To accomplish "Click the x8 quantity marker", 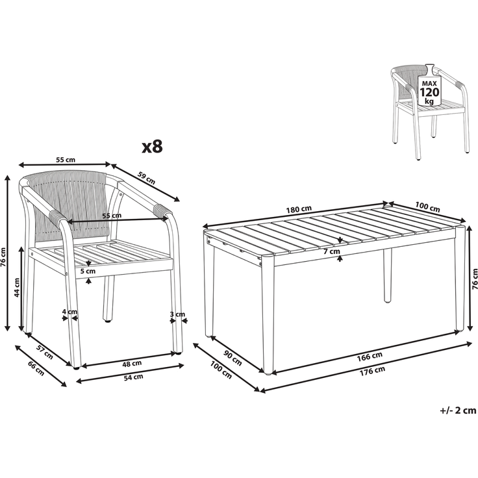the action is point(153,146).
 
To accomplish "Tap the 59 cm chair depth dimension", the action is point(147,179).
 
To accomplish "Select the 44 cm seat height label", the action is point(17,288).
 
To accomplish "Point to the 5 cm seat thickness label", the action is point(88,271).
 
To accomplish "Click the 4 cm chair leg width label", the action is point(69,312).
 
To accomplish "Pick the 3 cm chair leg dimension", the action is point(177,314).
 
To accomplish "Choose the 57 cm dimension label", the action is point(45,351).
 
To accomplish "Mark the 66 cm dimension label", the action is point(36,368).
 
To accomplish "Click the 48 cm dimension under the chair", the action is point(132,364).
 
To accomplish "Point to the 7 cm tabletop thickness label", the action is point(332,251).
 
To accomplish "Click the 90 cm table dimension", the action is point(233,359).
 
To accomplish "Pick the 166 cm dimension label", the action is point(370,357).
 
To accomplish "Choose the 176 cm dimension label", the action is point(373,371).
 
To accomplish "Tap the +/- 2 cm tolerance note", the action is point(458,410).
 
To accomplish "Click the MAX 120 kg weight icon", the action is point(429,88).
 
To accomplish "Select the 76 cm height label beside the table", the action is point(474,279).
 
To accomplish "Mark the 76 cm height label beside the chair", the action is point(3,257).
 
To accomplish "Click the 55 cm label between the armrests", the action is point(112,216).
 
